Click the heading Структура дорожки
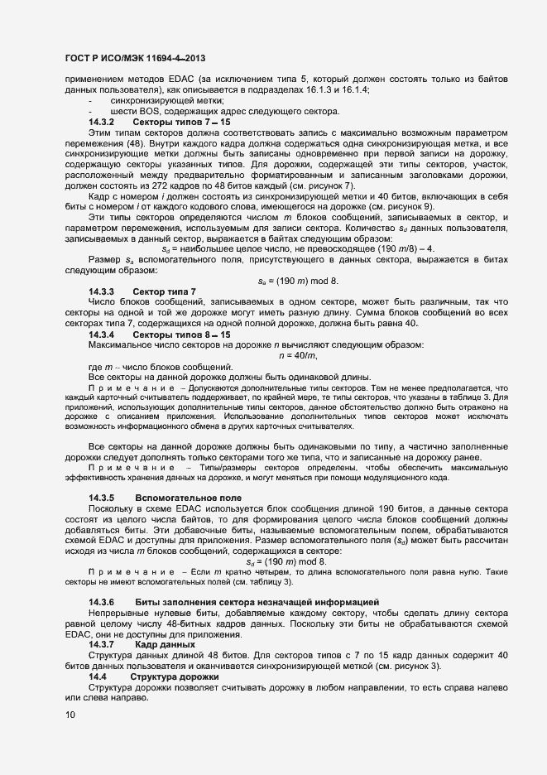[180, 676]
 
